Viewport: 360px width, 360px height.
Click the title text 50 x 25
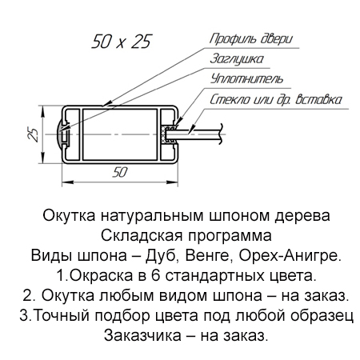[x=122, y=42]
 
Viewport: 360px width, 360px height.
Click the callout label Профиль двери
[x=251, y=39]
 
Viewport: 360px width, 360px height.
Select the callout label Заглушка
[x=237, y=58]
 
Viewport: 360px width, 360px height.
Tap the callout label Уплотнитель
[x=246, y=78]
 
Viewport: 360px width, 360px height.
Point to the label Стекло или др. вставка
[x=276, y=99]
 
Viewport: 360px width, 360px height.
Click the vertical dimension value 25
[x=33, y=134]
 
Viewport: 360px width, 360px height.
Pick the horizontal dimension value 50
[x=120, y=172]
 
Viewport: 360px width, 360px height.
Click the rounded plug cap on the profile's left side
[x=60, y=134]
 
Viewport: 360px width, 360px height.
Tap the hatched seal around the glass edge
[x=163, y=134]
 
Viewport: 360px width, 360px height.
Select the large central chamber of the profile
[x=120, y=134]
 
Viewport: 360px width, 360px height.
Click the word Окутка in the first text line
[x=69, y=215]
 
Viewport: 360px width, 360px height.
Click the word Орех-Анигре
[x=290, y=255]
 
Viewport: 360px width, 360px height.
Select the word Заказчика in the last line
[x=142, y=335]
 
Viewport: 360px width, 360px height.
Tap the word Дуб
[x=161, y=255]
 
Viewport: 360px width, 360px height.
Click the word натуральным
[x=152, y=215]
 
